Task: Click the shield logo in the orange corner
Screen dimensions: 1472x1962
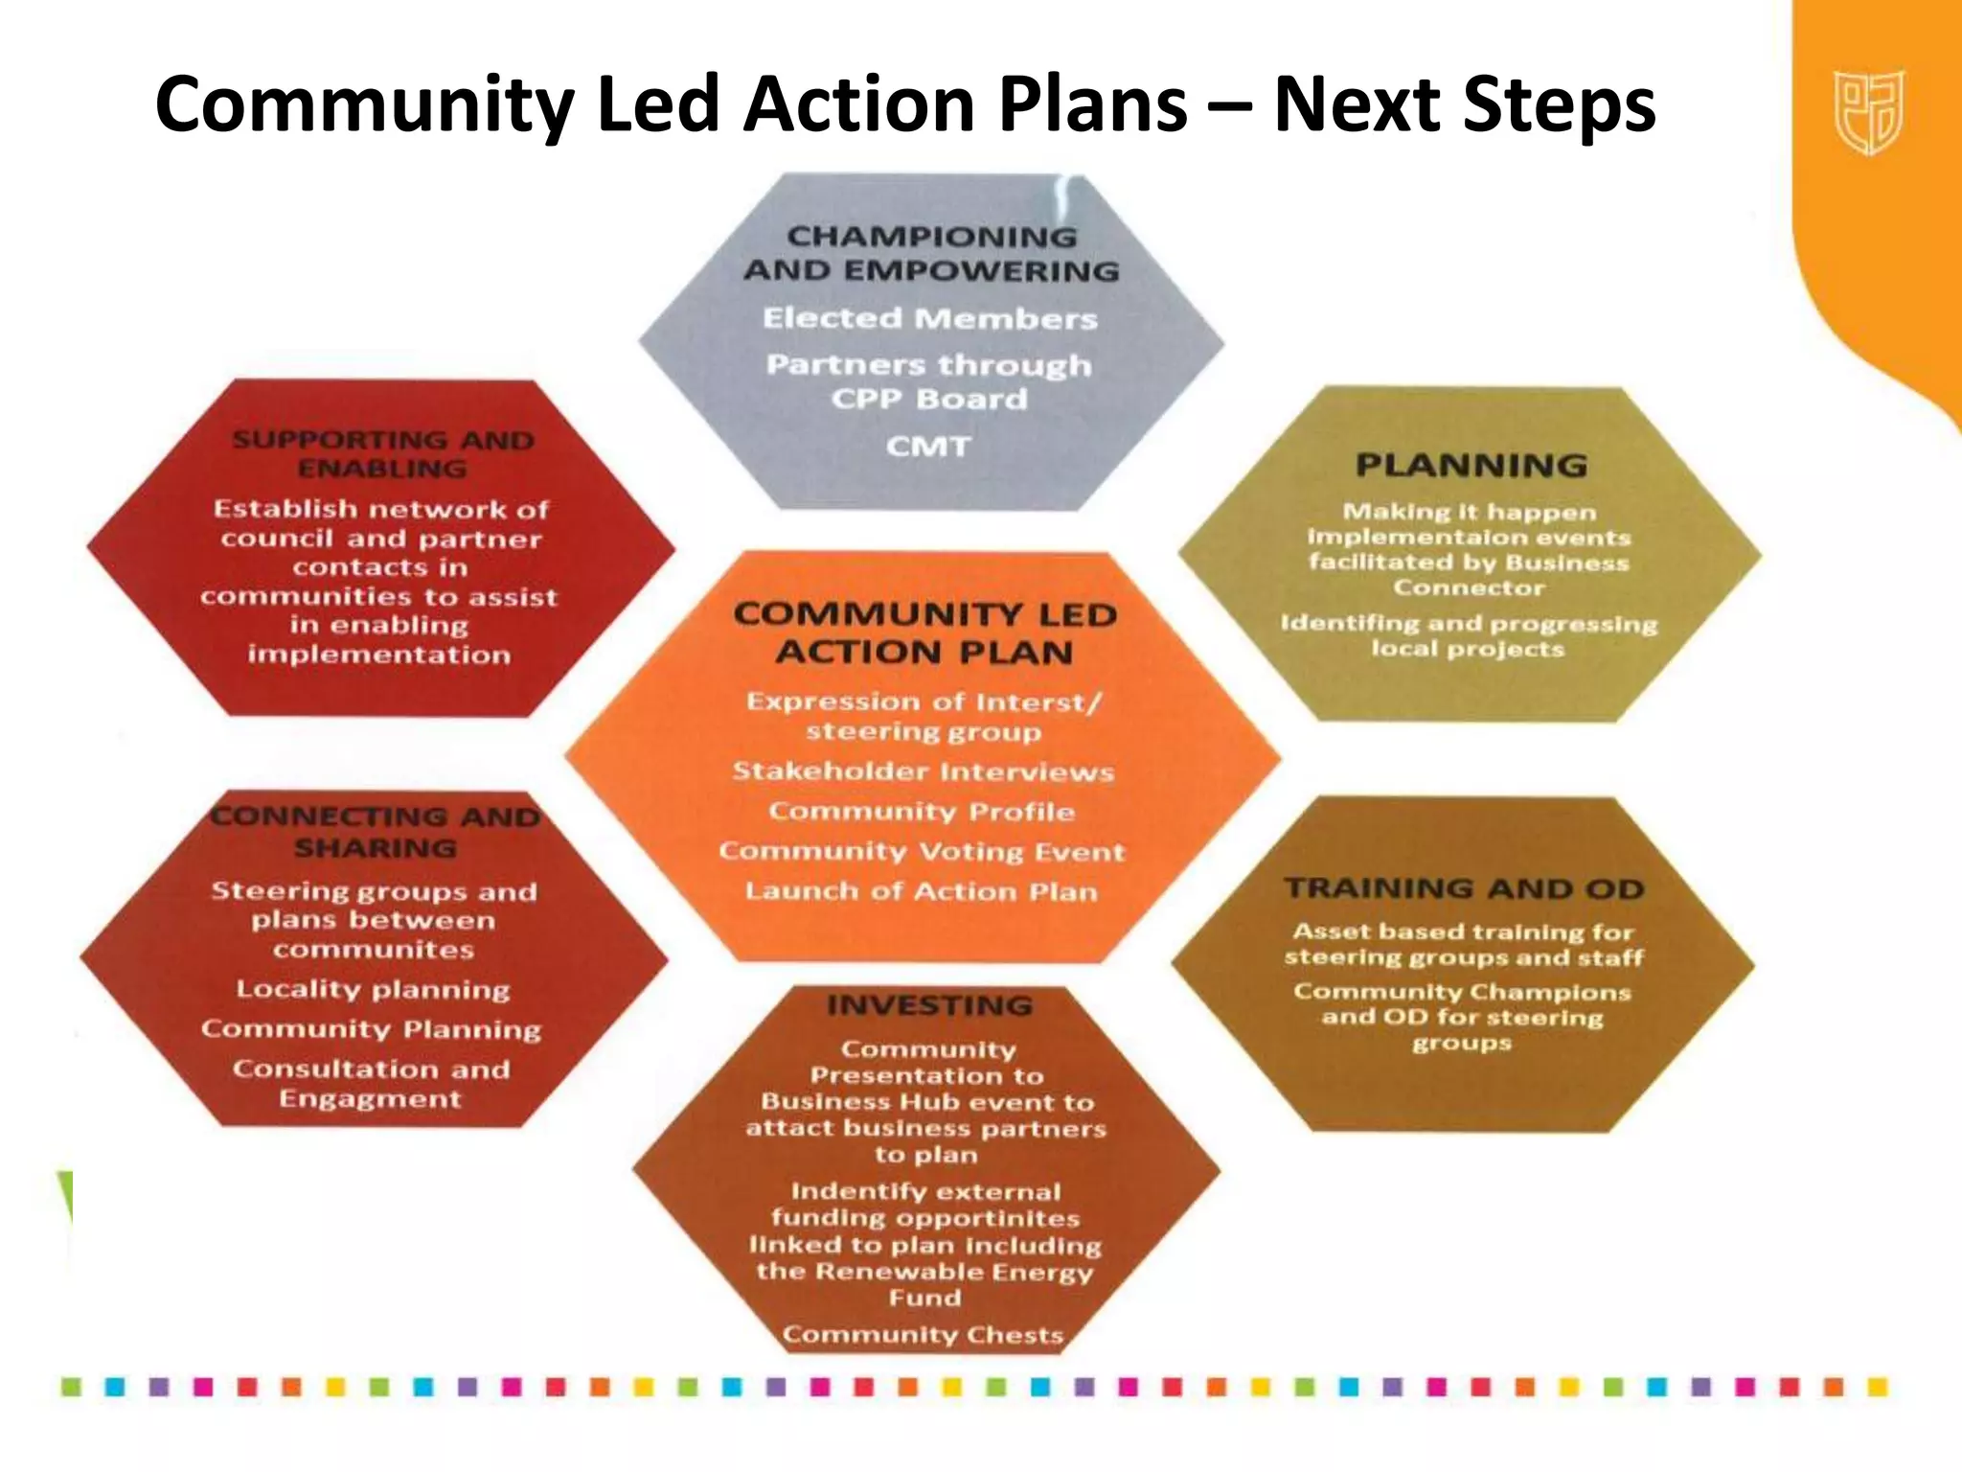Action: click(x=1868, y=112)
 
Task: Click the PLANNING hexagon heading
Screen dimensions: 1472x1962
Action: click(x=1471, y=466)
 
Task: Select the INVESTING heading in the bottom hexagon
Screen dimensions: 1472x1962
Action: click(x=930, y=1005)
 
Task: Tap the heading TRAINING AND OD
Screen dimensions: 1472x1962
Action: click(x=1465, y=888)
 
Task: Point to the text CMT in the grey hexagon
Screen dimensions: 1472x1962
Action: click(x=928, y=447)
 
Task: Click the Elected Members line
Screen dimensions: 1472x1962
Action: click(x=929, y=318)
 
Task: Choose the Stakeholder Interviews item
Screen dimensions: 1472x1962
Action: click(x=924, y=771)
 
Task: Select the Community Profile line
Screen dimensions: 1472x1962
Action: click(x=922, y=812)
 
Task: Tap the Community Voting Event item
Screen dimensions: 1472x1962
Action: click(x=922, y=851)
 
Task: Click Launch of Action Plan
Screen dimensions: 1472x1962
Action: click(x=922, y=891)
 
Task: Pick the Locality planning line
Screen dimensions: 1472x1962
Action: click(x=374, y=989)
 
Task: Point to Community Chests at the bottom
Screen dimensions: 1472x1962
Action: click(x=924, y=1335)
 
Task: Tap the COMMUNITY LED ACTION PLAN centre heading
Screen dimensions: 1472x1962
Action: click(x=925, y=632)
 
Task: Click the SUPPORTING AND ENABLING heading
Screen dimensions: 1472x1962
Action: click(x=382, y=454)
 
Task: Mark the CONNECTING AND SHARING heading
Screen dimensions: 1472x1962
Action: click(x=375, y=832)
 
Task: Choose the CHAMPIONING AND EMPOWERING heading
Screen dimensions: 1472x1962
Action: click(x=931, y=254)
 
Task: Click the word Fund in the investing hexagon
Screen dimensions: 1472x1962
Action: click(x=924, y=1298)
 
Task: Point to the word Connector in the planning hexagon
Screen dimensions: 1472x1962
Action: click(x=1469, y=587)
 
